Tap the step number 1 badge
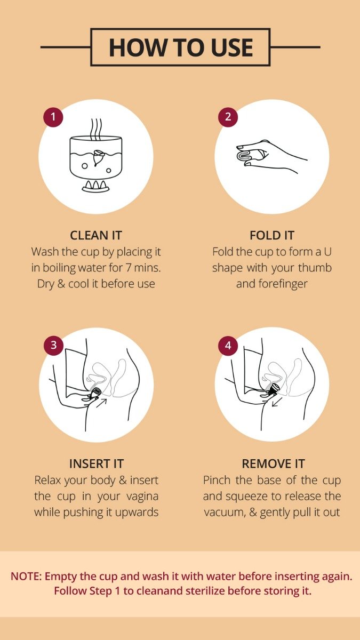click(53, 117)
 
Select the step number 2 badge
click(228, 117)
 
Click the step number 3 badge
click(53, 345)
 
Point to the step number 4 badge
click(228, 345)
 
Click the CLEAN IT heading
click(96, 235)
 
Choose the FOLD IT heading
click(271, 235)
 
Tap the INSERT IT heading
click(96, 463)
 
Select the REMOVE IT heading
click(273, 463)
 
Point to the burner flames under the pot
click(96, 186)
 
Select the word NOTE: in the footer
click(26, 577)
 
